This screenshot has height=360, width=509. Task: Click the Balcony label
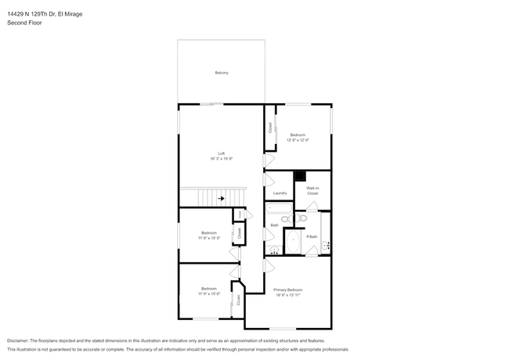(222, 73)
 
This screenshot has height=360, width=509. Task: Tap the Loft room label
(222, 153)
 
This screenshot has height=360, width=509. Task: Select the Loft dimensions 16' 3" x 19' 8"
(222, 159)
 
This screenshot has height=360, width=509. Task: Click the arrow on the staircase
(222, 199)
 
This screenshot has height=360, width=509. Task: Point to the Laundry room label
(280, 193)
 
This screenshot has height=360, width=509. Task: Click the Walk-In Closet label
(312, 190)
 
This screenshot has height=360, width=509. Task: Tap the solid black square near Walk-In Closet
(299, 177)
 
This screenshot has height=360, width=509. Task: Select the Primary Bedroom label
(287, 290)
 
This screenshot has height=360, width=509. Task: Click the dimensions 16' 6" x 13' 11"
(287, 296)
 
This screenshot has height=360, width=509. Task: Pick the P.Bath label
(312, 236)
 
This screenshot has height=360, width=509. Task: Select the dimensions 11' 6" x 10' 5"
(208, 238)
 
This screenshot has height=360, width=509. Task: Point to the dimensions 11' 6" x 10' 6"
(208, 294)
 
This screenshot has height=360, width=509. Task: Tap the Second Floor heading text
(24, 23)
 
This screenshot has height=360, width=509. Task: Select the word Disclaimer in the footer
(21, 341)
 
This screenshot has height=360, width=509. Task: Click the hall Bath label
(274, 225)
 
